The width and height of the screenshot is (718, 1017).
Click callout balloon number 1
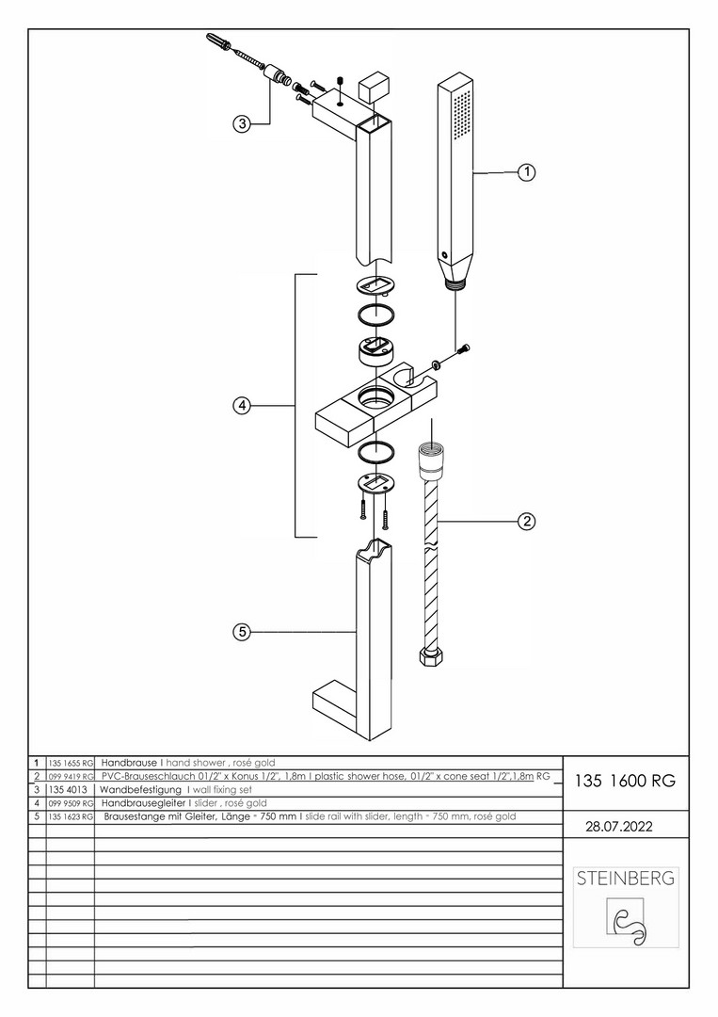click(x=526, y=172)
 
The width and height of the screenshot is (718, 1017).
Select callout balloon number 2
click(x=526, y=521)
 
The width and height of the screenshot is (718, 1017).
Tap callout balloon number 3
click(x=242, y=123)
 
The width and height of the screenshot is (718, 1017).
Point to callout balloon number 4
click(x=242, y=406)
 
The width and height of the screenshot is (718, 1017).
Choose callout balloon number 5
click(x=242, y=633)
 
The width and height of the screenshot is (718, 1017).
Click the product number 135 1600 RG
click(x=624, y=781)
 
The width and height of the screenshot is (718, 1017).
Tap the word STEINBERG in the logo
click(x=625, y=879)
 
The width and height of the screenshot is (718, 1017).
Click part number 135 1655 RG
click(x=71, y=763)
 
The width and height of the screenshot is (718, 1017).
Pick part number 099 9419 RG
click(x=71, y=776)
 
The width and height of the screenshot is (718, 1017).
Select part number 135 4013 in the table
click(x=69, y=789)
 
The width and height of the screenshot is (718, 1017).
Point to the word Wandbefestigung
click(x=141, y=789)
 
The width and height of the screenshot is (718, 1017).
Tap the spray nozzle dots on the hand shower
click(x=460, y=122)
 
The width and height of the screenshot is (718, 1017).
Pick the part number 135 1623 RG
click(x=71, y=816)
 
